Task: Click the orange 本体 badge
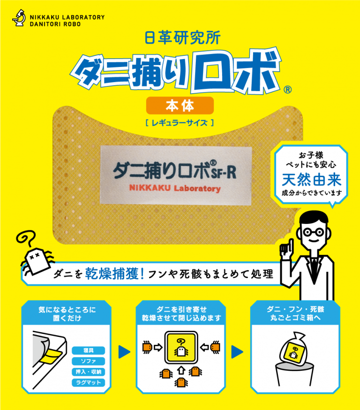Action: [180, 106]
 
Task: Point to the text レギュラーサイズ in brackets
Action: [180, 123]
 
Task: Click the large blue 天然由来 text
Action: [311, 179]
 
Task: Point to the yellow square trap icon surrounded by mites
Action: [180, 347]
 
